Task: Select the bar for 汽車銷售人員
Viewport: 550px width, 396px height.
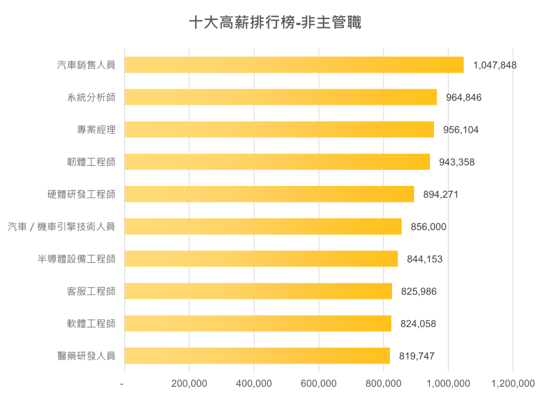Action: [x=294, y=65]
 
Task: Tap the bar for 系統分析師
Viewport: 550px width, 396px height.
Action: [x=281, y=97]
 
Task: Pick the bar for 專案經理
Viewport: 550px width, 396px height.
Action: [x=279, y=129]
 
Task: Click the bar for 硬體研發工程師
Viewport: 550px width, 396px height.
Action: [x=270, y=195]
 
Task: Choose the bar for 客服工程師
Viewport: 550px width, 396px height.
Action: [x=258, y=291]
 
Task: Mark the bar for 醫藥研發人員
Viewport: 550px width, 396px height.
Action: [x=257, y=356]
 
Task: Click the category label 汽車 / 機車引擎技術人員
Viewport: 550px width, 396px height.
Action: [x=61, y=227]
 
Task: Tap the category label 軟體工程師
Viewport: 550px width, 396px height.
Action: [x=87, y=323]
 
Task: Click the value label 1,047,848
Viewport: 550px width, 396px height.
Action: [x=495, y=66]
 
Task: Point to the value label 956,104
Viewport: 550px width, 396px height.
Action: [x=461, y=130]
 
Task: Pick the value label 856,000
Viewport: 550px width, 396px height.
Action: [x=428, y=227]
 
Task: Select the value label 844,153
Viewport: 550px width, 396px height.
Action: [x=425, y=259]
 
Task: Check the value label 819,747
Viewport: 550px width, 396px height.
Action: [x=417, y=356]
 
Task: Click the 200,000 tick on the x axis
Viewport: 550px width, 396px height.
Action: [x=189, y=384]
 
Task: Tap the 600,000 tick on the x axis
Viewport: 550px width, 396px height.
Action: [x=319, y=384]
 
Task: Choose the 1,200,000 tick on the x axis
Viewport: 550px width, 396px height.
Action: [x=513, y=384]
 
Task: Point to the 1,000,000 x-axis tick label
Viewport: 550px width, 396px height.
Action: [x=448, y=384]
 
